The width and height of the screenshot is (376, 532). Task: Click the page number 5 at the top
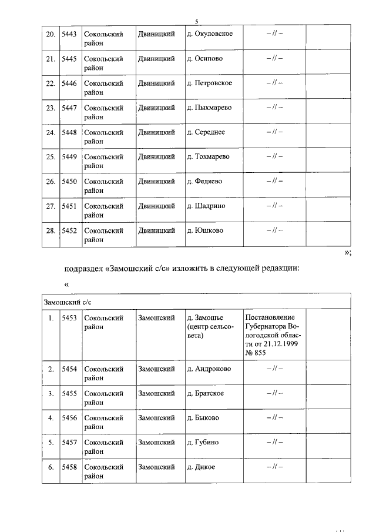click(196, 22)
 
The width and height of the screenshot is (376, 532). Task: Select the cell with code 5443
click(69, 34)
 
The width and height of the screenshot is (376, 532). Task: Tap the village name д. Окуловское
click(209, 34)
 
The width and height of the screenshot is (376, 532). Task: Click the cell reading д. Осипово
click(204, 59)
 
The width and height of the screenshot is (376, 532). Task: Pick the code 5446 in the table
click(69, 83)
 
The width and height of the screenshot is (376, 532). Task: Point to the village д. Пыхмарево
click(209, 108)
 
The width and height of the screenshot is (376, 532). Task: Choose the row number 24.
click(51, 132)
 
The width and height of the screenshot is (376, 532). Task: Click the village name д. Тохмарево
click(209, 157)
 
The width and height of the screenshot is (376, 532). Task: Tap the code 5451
click(69, 206)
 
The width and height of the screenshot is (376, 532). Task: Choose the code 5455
click(69, 394)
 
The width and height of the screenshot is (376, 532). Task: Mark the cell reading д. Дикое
click(201, 467)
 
